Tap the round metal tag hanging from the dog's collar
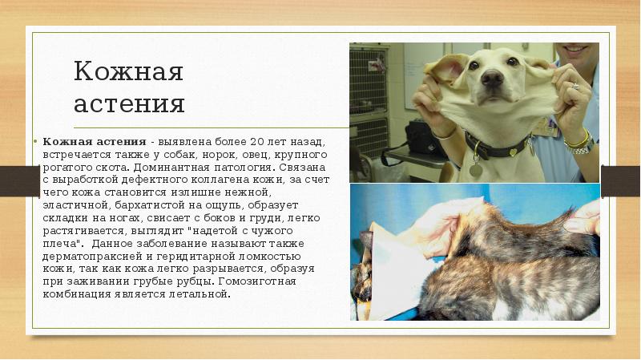pos(476,170)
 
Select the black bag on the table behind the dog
pos(425,141)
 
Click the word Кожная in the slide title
pos(129,71)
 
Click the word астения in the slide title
pos(129,104)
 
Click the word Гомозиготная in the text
pos(264,281)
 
